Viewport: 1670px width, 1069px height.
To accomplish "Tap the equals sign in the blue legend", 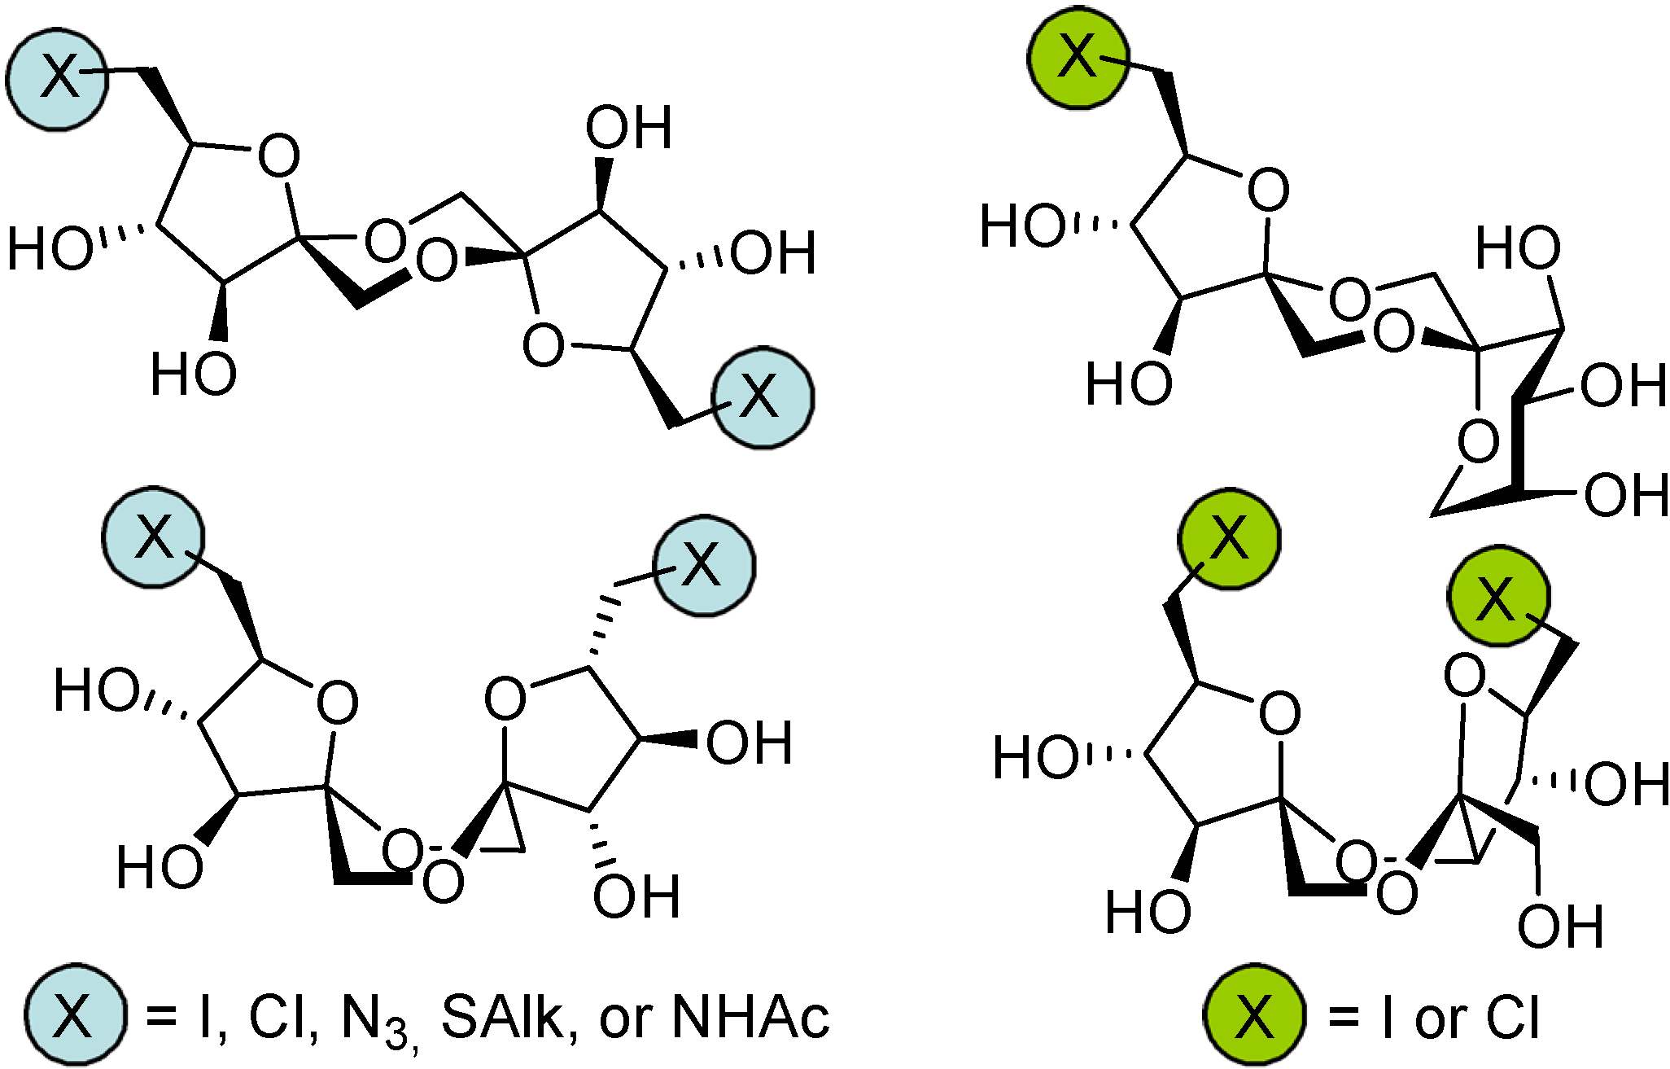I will [161, 1018].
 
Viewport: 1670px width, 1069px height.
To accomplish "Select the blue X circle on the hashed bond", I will [704, 565].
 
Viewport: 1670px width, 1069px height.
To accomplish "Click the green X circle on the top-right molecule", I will [1078, 58].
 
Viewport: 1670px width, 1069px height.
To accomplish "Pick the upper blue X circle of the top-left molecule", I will [58, 78].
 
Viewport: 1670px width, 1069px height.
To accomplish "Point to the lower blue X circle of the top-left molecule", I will [763, 397].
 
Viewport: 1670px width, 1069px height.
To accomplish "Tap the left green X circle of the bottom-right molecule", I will [1229, 539].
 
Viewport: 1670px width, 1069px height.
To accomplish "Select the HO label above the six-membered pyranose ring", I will [1519, 248].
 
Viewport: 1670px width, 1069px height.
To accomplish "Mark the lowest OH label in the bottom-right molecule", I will [1561, 927].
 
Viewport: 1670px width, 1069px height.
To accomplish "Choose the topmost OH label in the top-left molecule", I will [629, 129].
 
